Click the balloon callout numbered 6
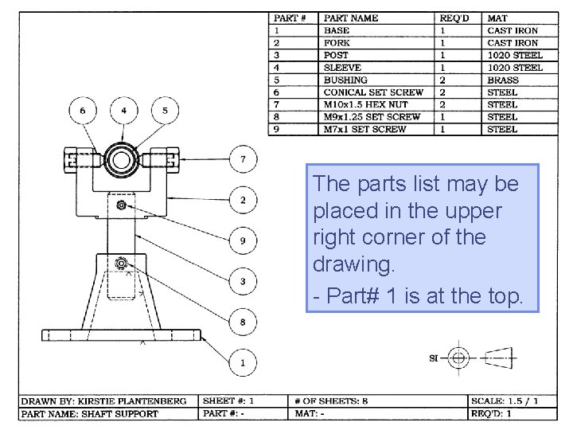coord(84,110)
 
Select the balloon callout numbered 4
coord(124,110)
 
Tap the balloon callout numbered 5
coord(165,110)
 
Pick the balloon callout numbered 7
coord(243,159)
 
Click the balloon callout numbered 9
coord(243,240)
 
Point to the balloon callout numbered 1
coord(243,363)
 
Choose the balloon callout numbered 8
coord(243,322)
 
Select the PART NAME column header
coord(351,18)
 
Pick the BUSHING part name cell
coord(345,80)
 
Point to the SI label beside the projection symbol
coord(434,358)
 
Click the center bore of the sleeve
coord(124,158)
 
